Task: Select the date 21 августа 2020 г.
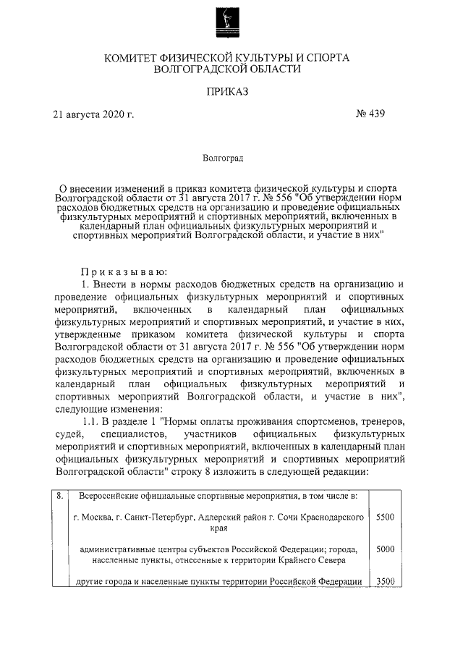(94, 114)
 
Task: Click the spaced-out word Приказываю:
(124, 271)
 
